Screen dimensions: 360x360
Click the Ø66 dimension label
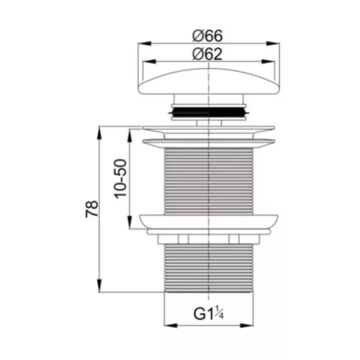tap(207, 36)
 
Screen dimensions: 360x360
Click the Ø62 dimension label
tap(207, 54)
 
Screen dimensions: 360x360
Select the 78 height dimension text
tap(92, 209)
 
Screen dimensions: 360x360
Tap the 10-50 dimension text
tap(120, 179)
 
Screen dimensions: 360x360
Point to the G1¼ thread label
tap(209, 313)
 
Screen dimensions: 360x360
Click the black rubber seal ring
tap(209, 112)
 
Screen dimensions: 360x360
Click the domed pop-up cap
tap(209, 81)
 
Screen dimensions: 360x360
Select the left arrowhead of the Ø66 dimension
tap(145, 43)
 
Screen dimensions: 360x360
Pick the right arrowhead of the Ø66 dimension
tap(273, 43)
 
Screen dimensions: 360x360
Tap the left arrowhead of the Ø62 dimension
tap(149, 62)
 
